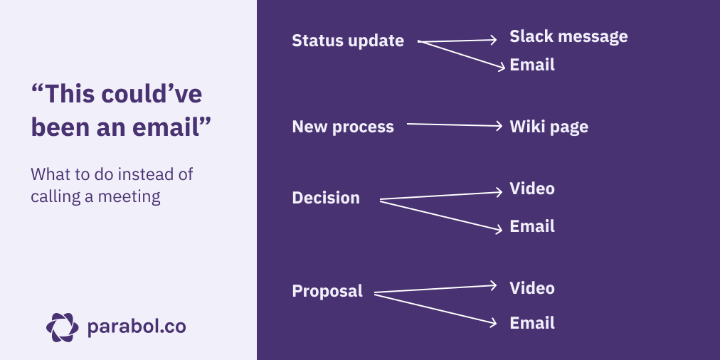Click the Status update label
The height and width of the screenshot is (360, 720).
click(x=348, y=41)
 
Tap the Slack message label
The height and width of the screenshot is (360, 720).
click(x=568, y=36)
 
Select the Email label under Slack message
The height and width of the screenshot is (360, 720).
click(x=532, y=65)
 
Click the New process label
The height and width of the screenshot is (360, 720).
click(x=343, y=127)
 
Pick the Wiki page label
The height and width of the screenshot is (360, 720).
click(x=549, y=127)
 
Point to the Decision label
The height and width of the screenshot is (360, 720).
click(x=326, y=198)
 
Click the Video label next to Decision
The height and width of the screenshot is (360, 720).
click(x=532, y=189)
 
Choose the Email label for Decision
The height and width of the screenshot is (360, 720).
click(x=532, y=227)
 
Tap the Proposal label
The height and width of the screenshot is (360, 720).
click(x=327, y=291)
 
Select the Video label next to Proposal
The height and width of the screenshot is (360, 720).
click(x=532, y=288)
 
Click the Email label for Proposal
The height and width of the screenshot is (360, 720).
click(x=532, y=323)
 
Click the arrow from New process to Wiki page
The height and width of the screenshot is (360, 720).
click(x=455, y=126)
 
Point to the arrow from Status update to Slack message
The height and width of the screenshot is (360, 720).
click(x=459, y=40)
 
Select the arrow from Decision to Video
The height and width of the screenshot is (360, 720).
click(x=441, y=196)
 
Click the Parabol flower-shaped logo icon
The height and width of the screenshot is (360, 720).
click(x=63, y=327)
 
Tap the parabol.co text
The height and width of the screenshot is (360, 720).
click(x=136, y=327)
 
